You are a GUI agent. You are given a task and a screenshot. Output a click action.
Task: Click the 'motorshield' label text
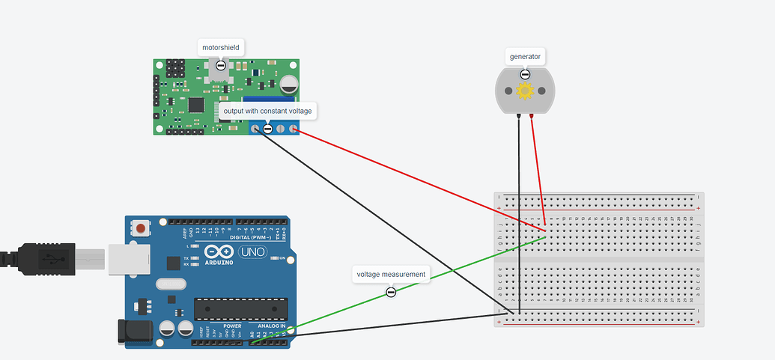point(220,48)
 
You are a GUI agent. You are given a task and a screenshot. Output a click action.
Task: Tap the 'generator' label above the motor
point(525,56)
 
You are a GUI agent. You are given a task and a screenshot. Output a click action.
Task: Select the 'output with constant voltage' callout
point(267,111)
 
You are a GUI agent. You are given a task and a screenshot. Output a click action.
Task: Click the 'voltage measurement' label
point(391,275)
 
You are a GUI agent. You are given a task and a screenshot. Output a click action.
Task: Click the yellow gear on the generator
point(525,91)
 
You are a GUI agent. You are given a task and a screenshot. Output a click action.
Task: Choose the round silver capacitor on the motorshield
point(289,82)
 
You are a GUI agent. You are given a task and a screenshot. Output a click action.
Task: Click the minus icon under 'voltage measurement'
point(391,292)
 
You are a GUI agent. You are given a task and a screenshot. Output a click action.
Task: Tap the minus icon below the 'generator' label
point(525,74)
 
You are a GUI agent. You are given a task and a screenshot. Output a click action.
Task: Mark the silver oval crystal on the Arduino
point(171,284)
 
